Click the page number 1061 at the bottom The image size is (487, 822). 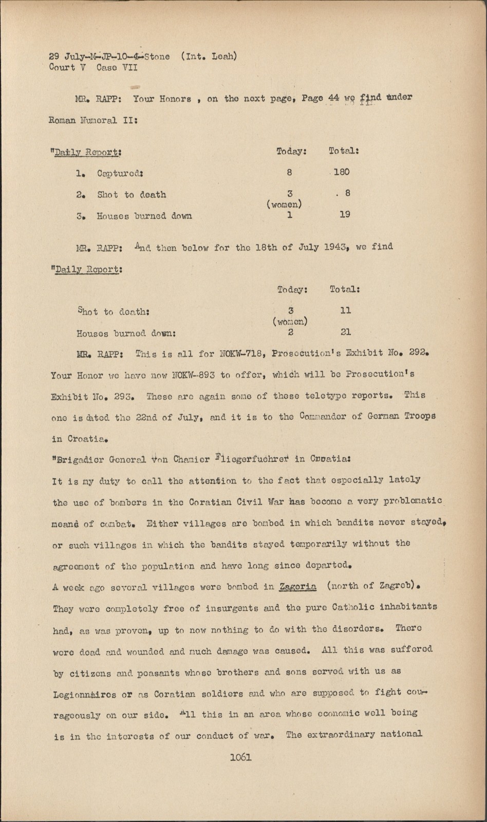[241, 757]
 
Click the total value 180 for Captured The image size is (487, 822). [342, 172]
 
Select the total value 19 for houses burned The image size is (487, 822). [345, 214]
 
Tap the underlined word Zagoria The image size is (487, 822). [297, 586]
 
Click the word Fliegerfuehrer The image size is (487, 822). [252, 459]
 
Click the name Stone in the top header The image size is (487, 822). [157, 57]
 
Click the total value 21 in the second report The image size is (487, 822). [346, 332]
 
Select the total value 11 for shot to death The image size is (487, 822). [346, 310]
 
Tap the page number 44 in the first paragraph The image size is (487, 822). [333, 98]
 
